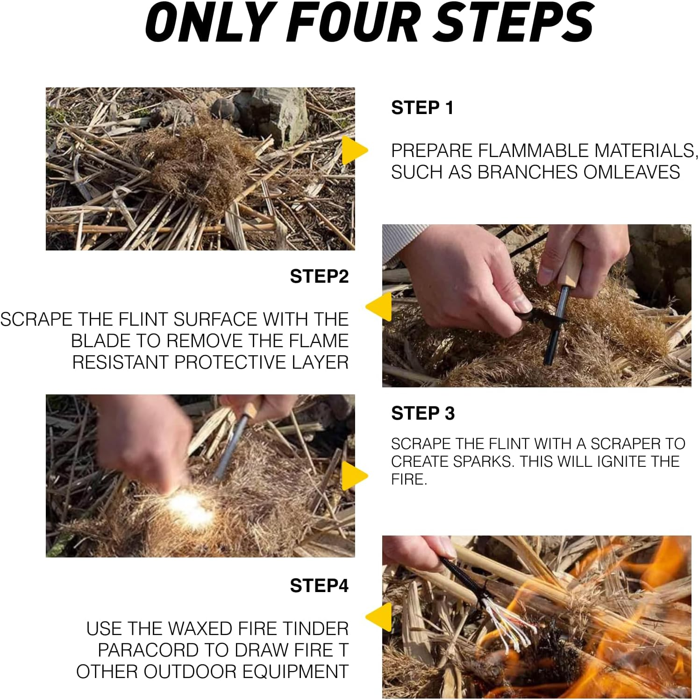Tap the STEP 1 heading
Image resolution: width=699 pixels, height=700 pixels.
point(422,108)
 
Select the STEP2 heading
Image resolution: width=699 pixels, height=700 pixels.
point(319,276)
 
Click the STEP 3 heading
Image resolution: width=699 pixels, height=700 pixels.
point(423,413)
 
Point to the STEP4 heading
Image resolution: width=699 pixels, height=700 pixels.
point(319,586)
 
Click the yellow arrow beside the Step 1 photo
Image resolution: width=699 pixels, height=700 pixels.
point(354,150)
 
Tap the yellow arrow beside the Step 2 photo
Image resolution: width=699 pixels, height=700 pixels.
point(379,307)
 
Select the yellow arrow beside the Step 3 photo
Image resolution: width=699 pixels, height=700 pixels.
point(354,476)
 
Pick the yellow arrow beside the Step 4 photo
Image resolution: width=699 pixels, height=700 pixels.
point(379,617)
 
